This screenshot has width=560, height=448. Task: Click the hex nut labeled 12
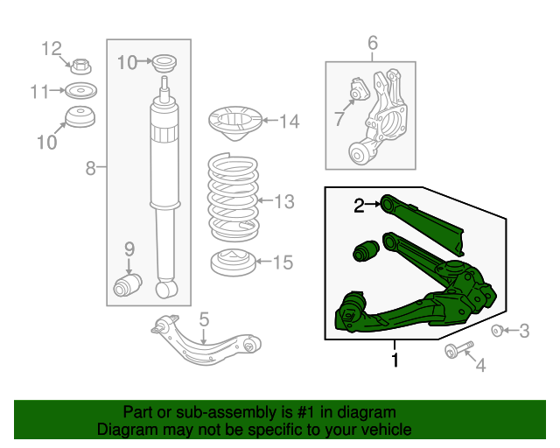(81, 66)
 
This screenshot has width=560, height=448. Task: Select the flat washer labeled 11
(81, 90)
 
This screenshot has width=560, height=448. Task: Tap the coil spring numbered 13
(234, 197)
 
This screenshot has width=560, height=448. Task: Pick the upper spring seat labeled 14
(235, 122)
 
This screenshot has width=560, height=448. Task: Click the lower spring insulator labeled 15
(234, 262)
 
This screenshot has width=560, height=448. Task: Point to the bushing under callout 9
(128, 285)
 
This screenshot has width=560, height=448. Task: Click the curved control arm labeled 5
(206, 339)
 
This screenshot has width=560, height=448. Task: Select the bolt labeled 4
(459, 349)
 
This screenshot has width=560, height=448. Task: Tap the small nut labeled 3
(497, 331)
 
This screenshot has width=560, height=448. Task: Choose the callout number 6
(373, 43)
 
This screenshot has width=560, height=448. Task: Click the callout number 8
(91, 167)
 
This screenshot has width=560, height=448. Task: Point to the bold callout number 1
(395, 360)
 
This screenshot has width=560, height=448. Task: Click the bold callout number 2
(359, 206)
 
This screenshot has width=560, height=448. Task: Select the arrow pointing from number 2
(373, 204)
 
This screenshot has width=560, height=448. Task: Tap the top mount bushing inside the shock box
(164, 63)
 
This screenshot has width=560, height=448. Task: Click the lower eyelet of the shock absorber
(167, 289)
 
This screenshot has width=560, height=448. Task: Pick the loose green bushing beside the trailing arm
(366, 250)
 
